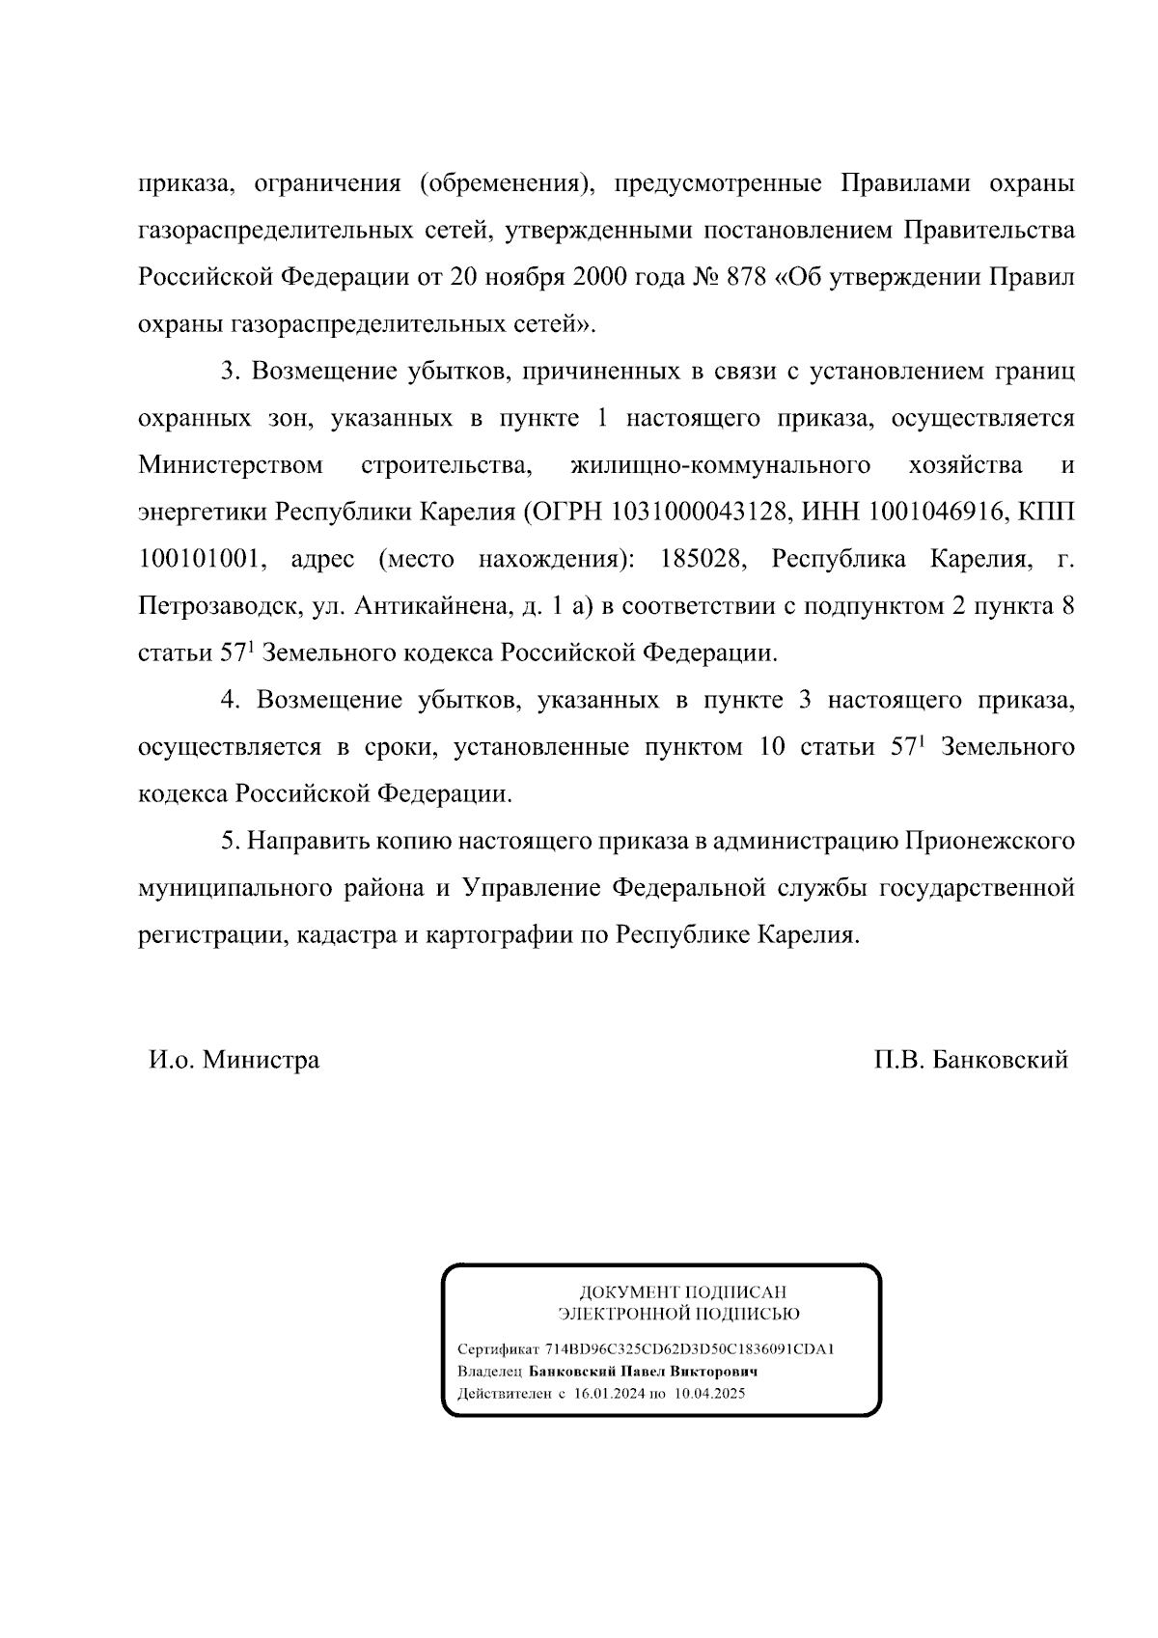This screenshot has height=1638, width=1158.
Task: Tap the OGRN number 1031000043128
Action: tap(700, 512)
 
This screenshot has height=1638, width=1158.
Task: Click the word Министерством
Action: tap(231, 465)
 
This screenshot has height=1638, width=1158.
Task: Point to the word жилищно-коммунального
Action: tap(721, 465)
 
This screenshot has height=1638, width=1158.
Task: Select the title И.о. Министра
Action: tap(234, 1060)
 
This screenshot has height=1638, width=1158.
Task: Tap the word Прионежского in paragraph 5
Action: tap(989, 841)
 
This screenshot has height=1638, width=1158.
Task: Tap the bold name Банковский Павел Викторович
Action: tap(643, 1372)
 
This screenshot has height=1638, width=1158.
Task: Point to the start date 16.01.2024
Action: tap(609, 1394)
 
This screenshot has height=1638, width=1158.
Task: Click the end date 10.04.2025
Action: tap(709, 1394)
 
